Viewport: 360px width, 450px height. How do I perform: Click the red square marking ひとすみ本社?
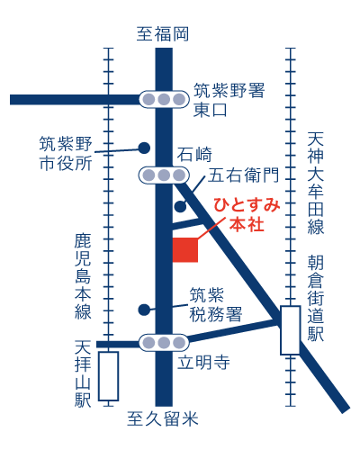point(184,249)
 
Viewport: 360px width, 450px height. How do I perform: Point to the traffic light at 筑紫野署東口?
point(163,99)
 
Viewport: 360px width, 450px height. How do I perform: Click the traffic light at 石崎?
point(163,174)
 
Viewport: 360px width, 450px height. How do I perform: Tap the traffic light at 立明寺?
point(163,342)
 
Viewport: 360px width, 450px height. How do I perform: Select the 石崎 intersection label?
point(193,152)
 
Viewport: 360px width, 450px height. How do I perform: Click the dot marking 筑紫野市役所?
point(143,148)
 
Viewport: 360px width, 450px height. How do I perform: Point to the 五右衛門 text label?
point(244,174)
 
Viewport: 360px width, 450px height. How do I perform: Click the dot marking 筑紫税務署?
point(143,310)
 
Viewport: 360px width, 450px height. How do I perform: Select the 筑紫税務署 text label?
point(215,304)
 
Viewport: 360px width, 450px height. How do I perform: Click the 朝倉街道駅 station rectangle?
point(291,329)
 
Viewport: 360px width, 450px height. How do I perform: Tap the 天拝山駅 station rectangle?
point(109,375)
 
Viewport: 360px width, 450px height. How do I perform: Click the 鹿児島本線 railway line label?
point(84,276)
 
